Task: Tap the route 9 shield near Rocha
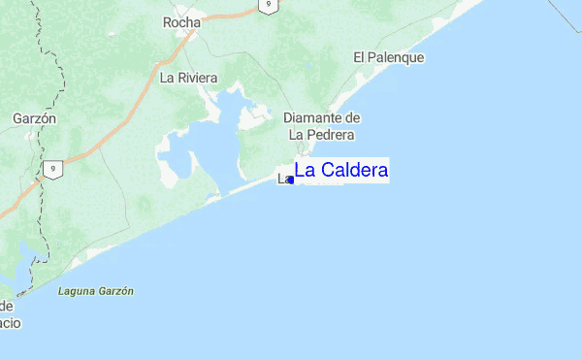click(268, 6)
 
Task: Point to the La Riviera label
click(188, 78)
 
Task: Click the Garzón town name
click(34, 118)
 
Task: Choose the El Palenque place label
click(388, 58)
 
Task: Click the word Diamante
click(308, 117)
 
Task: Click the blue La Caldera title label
click(341, 171)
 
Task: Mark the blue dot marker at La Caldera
click(291, 180)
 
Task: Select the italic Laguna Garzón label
click(95, 291)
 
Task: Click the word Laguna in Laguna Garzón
click(76, 291)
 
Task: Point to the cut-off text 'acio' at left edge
click(9, 322)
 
